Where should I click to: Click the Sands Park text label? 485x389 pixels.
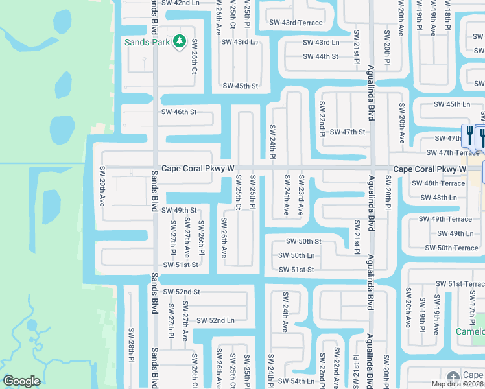pyautogui.click(x=147, y=42)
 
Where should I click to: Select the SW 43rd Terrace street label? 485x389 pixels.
pyautogui.click(x=296, y=23)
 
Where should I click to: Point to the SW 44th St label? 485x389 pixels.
pyautogui.click(x=320, y=56)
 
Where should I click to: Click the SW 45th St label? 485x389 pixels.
pyautogui.click(x=241, y=86)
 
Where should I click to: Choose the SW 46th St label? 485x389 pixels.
pyautogui.click(x=178, y=112)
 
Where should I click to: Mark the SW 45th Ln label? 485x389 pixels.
pyautogui.click(x=452, y=104)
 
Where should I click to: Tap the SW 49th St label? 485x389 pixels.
pyautogui.click(x=178, y=211)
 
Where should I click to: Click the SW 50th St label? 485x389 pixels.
pyautogui.click(x=305, y=242)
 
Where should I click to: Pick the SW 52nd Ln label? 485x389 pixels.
pyautogui.click(x=216, y=320)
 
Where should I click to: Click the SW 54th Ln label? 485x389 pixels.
pyautogui.click(x=296, y=381)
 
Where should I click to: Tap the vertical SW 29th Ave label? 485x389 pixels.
pyautogui.click(x=102, y=186)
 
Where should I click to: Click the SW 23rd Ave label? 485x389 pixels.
pyautogui.click(x=300, y=195)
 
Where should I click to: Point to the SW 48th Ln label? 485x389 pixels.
pyautogui.click(x=444, y=198)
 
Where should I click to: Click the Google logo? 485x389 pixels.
pyautogui.click(x=21, y=381)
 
